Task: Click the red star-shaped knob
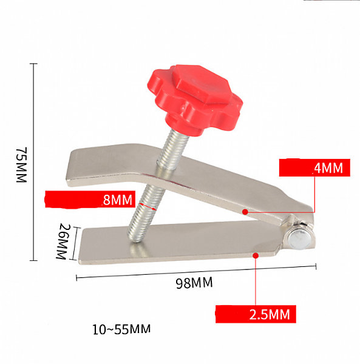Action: [x=195, y=100]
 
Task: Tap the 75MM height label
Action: [x=22, y=165]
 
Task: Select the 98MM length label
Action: [x=194, y=283]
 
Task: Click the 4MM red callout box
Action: [x=314, y=167]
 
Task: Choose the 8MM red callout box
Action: [x=90, y=199]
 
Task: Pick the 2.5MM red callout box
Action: [x=256, y=314]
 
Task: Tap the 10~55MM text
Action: [x=121, y=329]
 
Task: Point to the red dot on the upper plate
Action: [x=245, y=212]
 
